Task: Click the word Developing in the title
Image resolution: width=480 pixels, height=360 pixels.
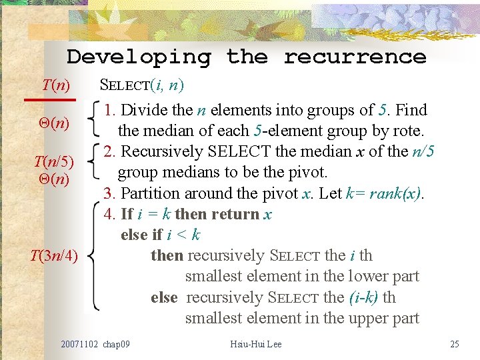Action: [139, 57]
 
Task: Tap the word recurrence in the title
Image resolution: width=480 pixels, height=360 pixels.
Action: [355, 57]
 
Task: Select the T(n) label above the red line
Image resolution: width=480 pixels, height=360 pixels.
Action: [56, 85]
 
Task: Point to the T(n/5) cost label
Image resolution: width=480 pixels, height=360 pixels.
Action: [54, 162]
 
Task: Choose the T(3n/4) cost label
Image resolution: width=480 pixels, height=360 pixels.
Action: [54, 255]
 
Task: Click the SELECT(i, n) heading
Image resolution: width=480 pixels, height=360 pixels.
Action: [141, 85]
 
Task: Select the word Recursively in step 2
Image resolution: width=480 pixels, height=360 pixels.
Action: [163, 152]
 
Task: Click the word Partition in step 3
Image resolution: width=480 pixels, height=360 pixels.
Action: [151, 193]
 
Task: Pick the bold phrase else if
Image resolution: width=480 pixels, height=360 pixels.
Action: [141, 235]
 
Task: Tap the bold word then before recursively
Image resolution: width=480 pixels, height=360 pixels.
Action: [167, 256]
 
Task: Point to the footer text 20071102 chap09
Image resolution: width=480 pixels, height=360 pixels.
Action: [95, 345]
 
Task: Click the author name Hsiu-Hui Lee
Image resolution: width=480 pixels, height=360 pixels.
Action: [255, 345]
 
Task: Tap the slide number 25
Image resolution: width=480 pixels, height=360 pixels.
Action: [455, 345]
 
